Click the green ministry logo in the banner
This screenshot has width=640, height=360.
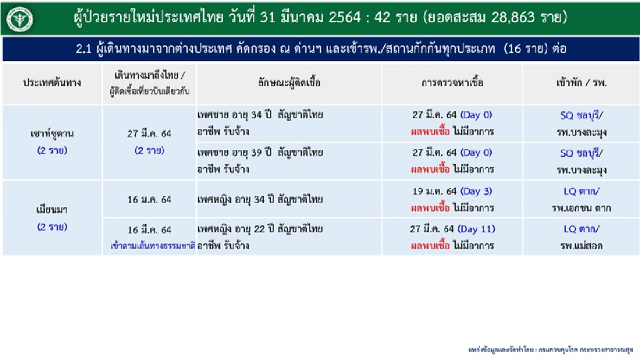20,19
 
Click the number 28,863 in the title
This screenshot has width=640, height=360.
506,18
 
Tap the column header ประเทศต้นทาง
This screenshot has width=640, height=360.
52,83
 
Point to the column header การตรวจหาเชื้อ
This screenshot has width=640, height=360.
452,83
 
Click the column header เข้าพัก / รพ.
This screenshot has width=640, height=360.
581,83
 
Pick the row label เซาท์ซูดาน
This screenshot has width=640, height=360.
52,133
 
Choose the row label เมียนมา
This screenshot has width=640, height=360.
52,210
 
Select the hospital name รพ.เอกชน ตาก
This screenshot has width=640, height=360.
581,208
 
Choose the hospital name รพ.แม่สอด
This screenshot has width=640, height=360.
581,246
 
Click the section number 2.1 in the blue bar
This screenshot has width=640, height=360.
84,50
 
